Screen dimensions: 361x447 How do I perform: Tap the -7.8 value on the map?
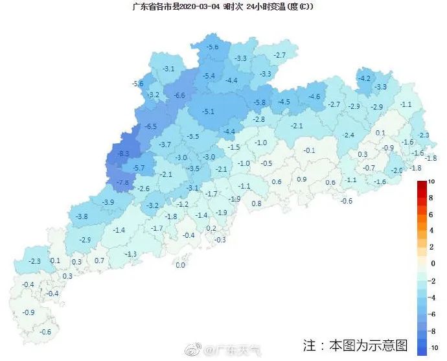click(122, 183)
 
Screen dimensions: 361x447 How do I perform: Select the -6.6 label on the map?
click(179, 96)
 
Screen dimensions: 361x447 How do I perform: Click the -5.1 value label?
click(208, 111)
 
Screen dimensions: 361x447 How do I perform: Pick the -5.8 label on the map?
click(260, 102)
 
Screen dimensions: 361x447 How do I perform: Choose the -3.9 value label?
click(108, 202)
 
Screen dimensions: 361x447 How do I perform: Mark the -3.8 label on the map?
click(82, 216)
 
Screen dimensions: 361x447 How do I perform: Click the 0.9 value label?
click(302, 180)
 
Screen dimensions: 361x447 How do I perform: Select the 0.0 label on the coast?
click(180, 264)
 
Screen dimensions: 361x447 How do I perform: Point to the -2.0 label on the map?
click(396, 170)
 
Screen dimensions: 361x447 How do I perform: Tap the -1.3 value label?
click(131, 254)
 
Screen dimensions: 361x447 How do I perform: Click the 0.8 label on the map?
click(257, 204)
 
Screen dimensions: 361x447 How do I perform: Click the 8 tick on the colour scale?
click(430, 198)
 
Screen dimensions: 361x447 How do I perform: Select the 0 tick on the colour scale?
click(430, 263)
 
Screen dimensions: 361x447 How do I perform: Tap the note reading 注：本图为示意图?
click(355, 344)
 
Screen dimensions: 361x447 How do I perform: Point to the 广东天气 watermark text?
click(241, 351)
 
